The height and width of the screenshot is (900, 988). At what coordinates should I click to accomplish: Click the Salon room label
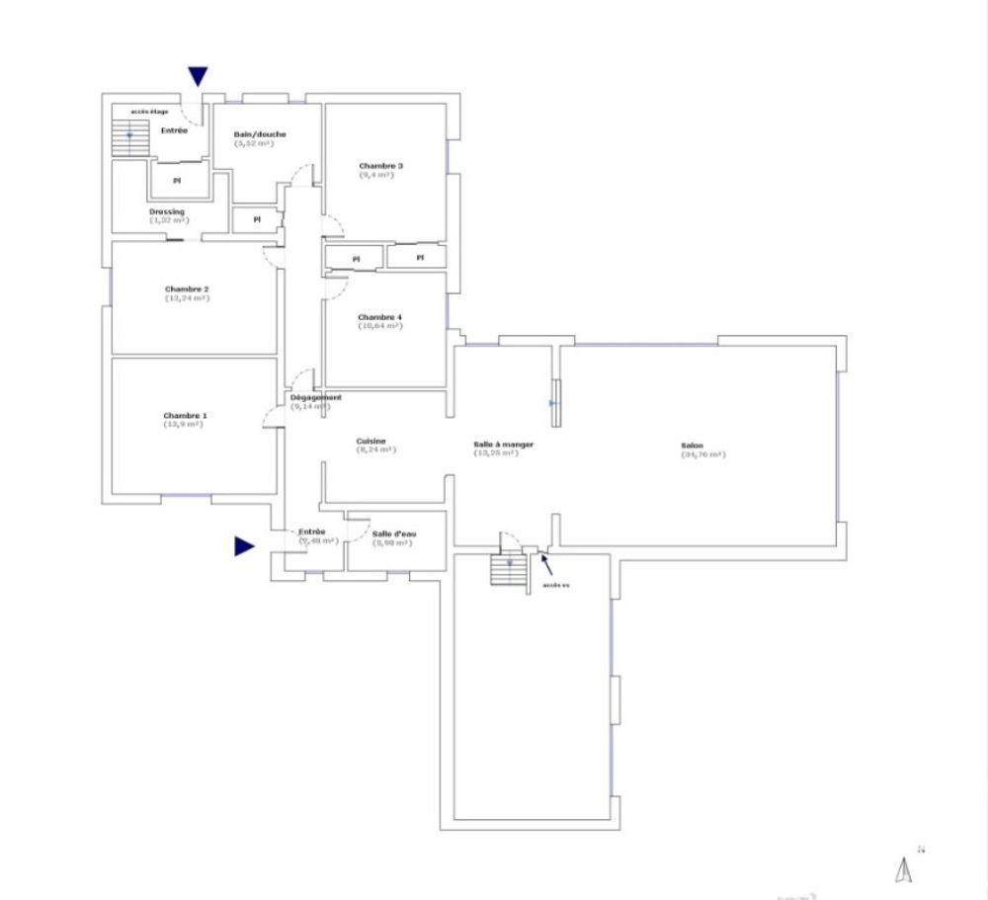tap(691, 445)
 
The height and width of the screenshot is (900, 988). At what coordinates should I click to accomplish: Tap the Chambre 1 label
tap(185, 416)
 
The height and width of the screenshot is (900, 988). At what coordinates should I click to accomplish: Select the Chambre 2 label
tap(187, 288)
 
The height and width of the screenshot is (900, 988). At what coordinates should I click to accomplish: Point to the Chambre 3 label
tap(380, 166)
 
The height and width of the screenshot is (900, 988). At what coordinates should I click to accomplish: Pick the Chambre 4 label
tap(379, 317)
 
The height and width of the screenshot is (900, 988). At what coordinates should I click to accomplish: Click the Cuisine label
tap(371, 441)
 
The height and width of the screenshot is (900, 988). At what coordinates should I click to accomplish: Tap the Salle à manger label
tap(504, 445)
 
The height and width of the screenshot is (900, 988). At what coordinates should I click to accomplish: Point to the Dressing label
tap(167, 211)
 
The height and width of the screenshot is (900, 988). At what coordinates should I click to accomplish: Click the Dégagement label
tap(316, 397)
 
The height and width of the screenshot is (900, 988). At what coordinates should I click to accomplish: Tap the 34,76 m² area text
tap(702, 454)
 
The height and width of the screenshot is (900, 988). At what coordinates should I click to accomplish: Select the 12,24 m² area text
tap(187, 297)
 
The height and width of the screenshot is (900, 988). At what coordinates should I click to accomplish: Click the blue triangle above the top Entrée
tap(199, 76)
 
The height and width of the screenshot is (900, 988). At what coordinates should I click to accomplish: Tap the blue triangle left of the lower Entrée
tap(244, 546)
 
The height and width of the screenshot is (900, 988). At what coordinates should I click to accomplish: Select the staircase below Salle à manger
tap(509, 569)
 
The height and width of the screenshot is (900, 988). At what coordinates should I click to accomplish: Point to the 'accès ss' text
tap(556, 585)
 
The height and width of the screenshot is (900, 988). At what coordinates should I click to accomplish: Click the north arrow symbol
tap(902, 868)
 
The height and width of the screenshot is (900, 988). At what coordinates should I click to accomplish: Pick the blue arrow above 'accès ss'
tap(544, 564)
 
